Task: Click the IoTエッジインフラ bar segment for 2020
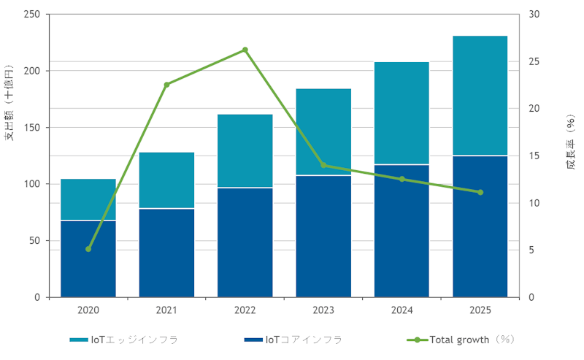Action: point(88,199)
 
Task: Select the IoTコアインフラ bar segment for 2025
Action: point(480,226)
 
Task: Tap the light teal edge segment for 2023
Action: point(323,132)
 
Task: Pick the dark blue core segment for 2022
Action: point(245,242)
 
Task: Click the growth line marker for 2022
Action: point(245,50)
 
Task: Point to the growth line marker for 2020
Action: point(88,249)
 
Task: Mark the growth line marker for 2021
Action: point(166,85)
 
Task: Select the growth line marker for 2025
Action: point(480,192)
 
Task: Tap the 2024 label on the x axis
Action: point(401,310)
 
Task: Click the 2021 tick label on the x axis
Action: point(166,310)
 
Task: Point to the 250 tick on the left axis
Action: point(32,15)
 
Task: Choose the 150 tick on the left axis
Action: point(32,128)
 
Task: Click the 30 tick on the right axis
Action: point(534,15)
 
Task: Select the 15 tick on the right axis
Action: point(534,156)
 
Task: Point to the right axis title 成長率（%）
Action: point(570,142)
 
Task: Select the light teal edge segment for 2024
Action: point(401,113)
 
